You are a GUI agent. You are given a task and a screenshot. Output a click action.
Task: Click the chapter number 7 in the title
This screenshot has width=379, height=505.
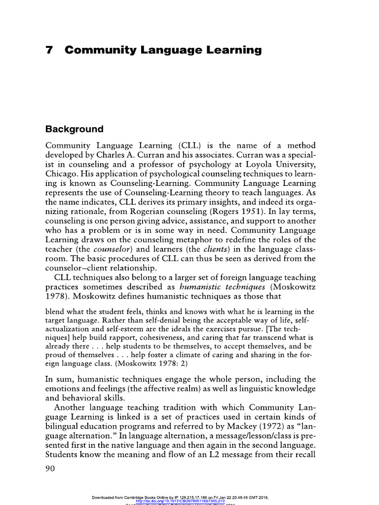[49, 50]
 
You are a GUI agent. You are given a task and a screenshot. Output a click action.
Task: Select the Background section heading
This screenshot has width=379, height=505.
[75, 129]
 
